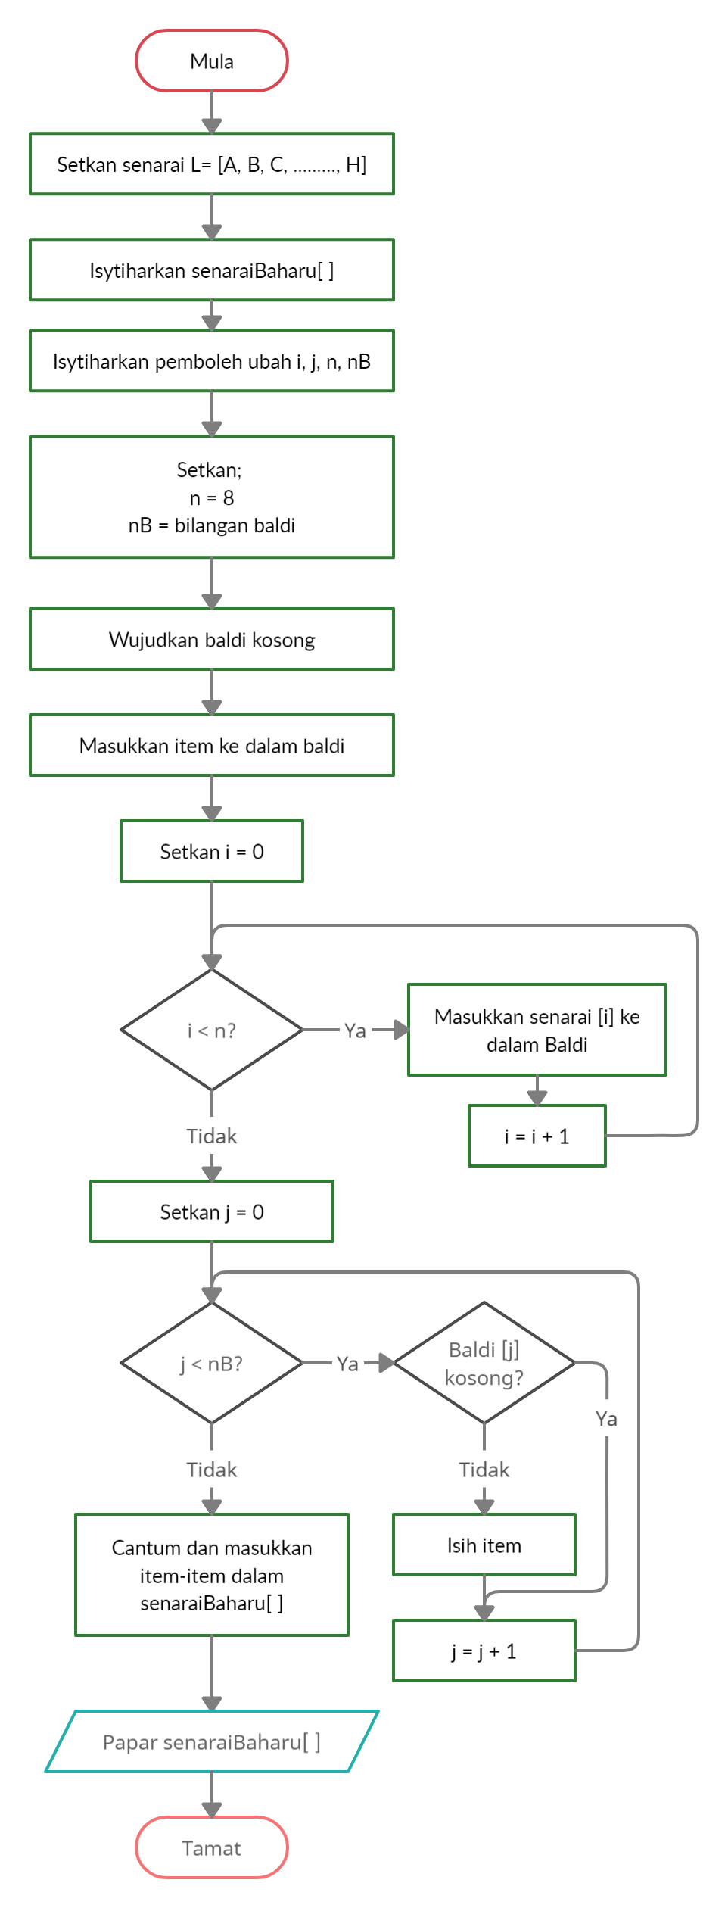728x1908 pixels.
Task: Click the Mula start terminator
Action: pos(212,61)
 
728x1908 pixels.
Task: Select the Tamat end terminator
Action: pos(212,1847)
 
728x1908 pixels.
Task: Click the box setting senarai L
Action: pos(212,164)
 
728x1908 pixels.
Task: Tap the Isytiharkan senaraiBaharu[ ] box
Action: pos(212,270)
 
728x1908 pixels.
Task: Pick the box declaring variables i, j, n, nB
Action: pos(212,361)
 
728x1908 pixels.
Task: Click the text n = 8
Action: pos(212,498)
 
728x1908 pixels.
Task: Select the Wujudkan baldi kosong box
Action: pos(212,640)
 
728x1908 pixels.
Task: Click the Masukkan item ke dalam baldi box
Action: pos(212,746)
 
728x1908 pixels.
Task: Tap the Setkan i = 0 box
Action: pos(212,852)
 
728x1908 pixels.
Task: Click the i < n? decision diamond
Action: pos(212,1030)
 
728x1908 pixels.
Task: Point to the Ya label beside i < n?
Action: pos(355,1030)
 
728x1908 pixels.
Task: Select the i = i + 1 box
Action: pos(537,1136)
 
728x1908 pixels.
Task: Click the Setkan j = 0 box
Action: pos(212,1212)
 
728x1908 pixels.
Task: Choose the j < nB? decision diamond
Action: pos(212,1364)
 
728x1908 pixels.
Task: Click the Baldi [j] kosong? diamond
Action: pos(484,1364)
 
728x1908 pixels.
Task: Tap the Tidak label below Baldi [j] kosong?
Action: pos(484,1470)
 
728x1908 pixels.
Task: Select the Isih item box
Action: pos(484,1545)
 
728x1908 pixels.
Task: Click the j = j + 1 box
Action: pos(484,1651)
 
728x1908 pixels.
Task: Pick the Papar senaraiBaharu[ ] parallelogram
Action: pos(212,1742)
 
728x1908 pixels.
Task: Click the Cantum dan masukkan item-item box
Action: pos(212,1576)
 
